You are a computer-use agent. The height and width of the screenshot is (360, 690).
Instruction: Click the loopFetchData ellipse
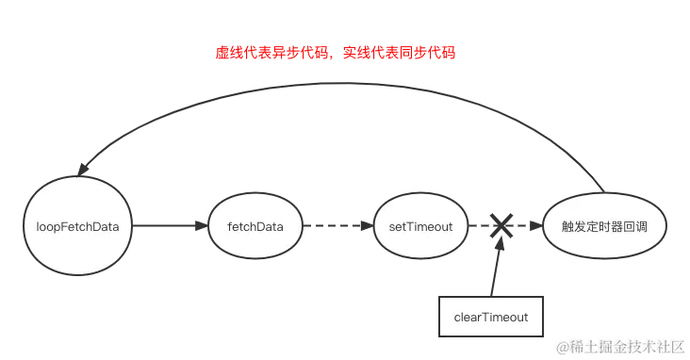pyautogui.click(x=78, y=227)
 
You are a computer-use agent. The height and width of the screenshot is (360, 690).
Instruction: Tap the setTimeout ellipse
pyautogui.click(x=414, y=227)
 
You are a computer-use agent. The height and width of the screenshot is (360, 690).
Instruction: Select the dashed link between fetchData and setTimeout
pyautogui.click(x=337, y=227)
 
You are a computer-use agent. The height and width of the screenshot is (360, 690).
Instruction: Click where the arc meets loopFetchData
pyautogui.click(x=80, y=172)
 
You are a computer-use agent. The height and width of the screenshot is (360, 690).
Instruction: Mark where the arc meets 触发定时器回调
pyautogui.click(x=600, y=184)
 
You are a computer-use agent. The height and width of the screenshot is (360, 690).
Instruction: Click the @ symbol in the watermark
pyautogui.click(x=563, y=346)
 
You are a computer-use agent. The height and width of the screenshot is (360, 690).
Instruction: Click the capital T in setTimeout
pyautogui.click(x=406, y=227)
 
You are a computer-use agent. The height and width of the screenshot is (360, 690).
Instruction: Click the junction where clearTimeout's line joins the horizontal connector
pyautogui.click(x=496, y=228)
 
